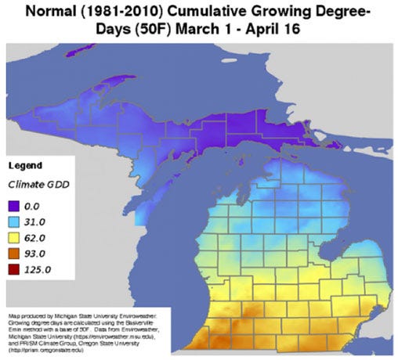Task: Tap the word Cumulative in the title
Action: (223, 11)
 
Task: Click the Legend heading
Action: (24, 167)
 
